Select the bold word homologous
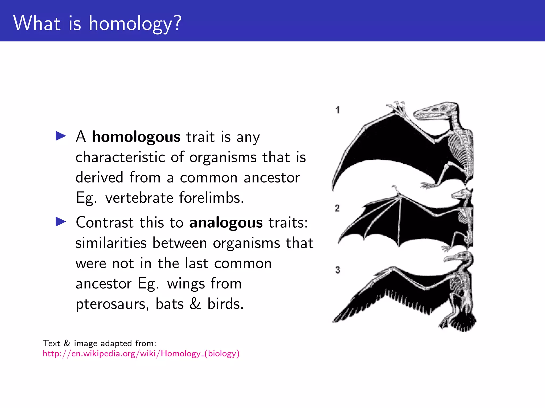136,137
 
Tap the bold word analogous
226,223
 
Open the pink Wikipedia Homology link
141,354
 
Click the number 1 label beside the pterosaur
338,110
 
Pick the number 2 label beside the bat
337,208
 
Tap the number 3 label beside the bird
338,270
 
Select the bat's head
462,194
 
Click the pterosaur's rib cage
460,149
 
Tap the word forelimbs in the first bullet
211,198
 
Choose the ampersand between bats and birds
195,304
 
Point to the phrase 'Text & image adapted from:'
100,343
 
